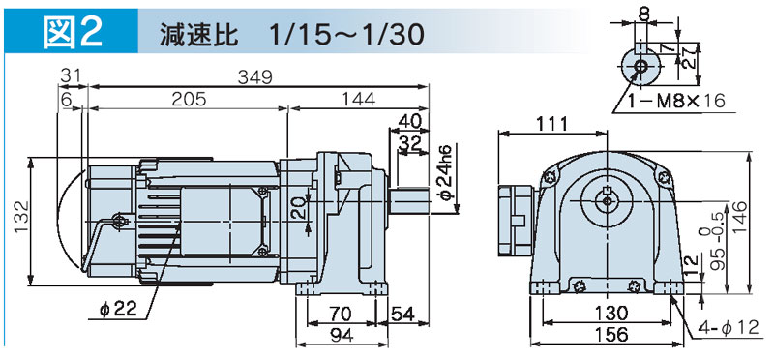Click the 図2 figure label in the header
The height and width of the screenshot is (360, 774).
(x=71, y=32)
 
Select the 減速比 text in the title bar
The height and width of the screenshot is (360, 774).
(x=199, y=34)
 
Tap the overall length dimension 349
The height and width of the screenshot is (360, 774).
(x=255, y=77)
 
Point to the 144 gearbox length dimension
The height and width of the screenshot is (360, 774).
(x=357, y=99)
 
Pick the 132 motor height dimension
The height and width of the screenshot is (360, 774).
(x=19, y=222)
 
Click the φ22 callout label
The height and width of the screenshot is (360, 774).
(x=117, y=309)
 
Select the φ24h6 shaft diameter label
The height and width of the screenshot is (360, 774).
(x=446, y=172)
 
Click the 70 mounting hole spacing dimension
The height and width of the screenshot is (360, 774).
(x=341, y=315)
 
